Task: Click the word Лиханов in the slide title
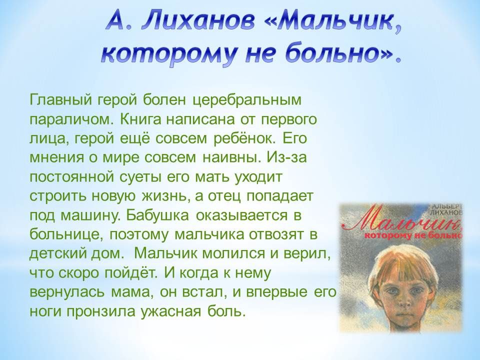(x=198, y=21)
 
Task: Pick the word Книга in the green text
(x=140, y=119)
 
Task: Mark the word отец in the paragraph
(x=224, y=196)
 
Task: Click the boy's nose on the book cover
(x=399, y=300)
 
